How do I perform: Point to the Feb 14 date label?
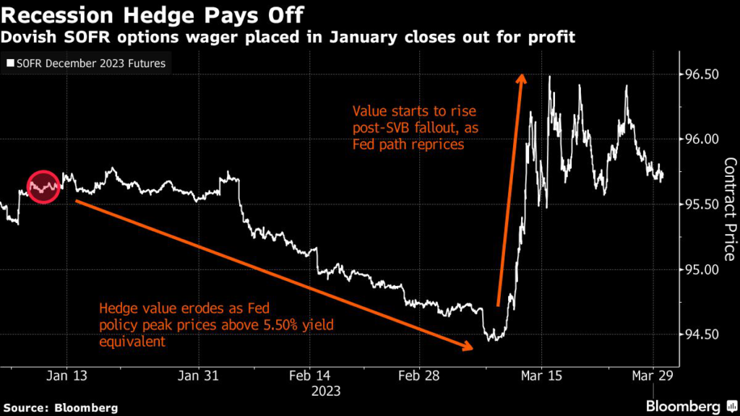click(310, 375)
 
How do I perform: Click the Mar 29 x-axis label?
click(653, 375)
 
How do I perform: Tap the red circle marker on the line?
click(43, 187)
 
